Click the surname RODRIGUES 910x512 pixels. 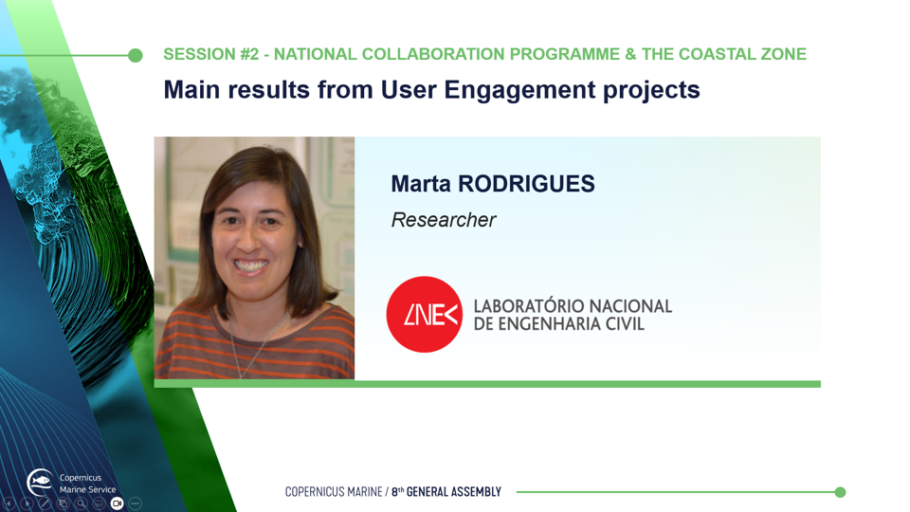(x=526, y=184)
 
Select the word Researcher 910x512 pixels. (x=444, y=220)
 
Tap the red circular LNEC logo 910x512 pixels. (x=425, y=314)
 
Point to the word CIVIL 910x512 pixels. (x=625, y=324)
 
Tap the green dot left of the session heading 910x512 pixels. (x=136, y=55)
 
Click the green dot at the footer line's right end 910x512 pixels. (x=840, y=492)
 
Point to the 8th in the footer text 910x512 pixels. (x=397, y=492)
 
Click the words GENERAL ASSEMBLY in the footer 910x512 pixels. (x=453, y=492)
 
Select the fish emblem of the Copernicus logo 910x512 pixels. (x=40, y=482)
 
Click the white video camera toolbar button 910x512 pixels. (x=118, y=503)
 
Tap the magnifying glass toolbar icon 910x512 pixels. (x=82, y=503)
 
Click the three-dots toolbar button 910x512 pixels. (x=136, y=503)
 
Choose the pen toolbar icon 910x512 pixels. (x=45, y=503)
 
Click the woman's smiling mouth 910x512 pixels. (x=250, y=266)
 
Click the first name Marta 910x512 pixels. (x=421, y=184)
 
